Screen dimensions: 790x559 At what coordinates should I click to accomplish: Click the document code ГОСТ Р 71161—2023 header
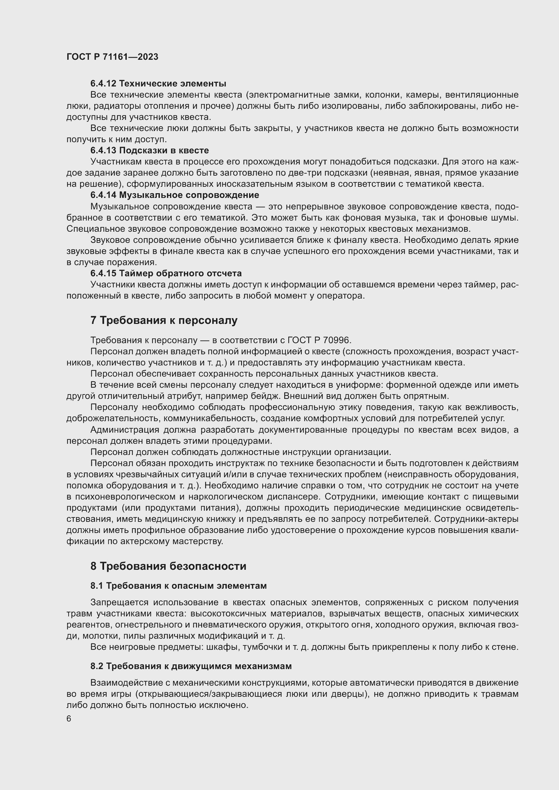click(112, 57)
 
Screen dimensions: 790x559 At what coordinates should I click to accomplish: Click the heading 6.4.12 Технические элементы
click(158, 84)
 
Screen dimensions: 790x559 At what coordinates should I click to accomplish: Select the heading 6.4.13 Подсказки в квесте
click(149, 150)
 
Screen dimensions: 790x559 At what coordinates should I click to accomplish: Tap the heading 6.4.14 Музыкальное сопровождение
click(174, 195)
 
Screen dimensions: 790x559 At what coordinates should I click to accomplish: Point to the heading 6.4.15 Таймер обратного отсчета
click(166, 274)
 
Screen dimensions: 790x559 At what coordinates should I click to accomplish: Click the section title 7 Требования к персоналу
click(164, 320)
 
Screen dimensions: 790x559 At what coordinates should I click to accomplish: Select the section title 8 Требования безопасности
click(168, 566)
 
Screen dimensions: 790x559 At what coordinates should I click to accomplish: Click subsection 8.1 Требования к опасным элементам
click(178, 586)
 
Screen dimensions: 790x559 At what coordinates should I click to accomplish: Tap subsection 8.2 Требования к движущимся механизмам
click(191, 666)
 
